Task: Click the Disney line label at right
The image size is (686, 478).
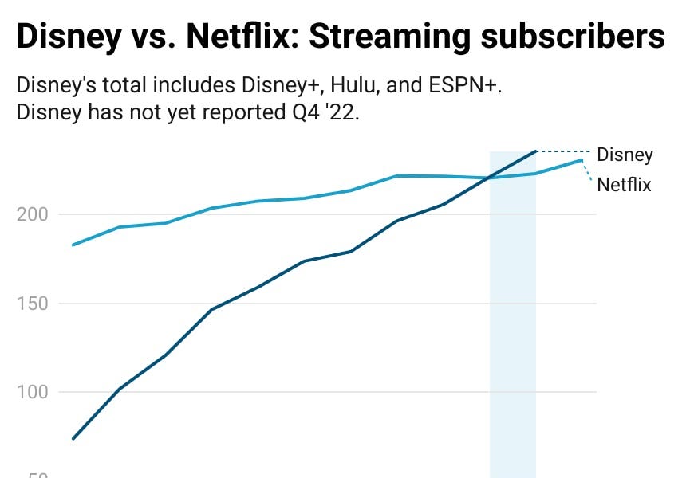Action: [625, 155]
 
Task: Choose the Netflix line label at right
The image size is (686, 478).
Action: [624, 185]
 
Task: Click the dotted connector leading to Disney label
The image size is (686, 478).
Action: [563, 151]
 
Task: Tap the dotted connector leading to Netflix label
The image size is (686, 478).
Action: [588, 170]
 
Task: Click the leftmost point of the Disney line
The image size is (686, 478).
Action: [73, 438]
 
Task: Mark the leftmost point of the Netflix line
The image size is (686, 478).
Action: [73, 245]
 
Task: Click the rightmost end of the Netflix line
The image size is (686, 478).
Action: [582, 160]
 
